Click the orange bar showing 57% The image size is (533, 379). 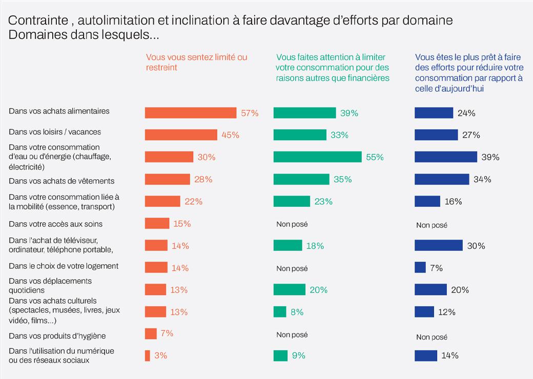pos(190,113)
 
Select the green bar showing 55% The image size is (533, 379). pos(318,157)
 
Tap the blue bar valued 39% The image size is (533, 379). pos(445,157)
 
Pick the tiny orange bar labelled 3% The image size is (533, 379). pos(148,355)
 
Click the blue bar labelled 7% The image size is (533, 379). pos(420,267)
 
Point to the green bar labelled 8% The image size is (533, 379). pos(280,311)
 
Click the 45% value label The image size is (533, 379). pos(231,135)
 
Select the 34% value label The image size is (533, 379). pos(483,179)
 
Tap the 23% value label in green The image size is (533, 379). pos(324,202)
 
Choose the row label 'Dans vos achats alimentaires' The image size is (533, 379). pos(59,111)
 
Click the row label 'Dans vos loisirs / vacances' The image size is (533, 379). pos(55,132)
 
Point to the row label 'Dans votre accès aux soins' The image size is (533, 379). pos(55,224)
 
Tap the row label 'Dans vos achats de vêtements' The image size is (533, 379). pos(61,181)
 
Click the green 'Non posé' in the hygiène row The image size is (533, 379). pos(292,335)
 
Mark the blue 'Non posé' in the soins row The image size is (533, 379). pos(432,225)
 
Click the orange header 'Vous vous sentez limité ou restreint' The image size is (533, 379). pos(196,62)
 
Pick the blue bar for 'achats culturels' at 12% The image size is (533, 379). pos(424,311)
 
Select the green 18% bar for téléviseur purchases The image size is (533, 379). pos(288,245)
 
